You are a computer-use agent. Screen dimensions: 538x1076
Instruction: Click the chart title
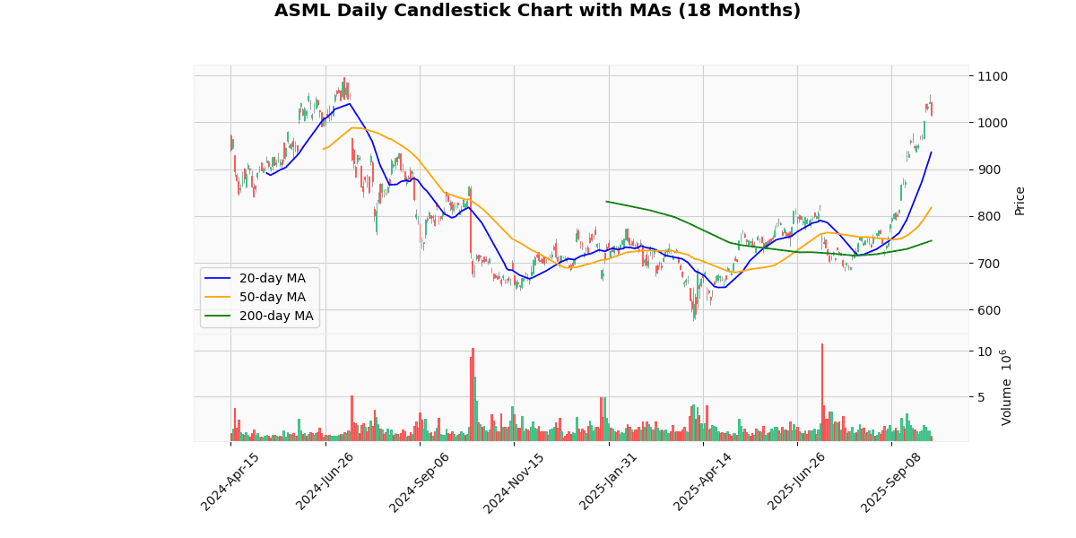[x=537, y=11]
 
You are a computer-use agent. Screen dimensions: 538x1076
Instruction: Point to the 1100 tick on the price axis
[x=992, y=76]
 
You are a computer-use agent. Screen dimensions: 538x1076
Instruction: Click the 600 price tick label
[x=988, y=310]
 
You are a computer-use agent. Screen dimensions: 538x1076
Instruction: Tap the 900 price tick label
[x=988, y=169]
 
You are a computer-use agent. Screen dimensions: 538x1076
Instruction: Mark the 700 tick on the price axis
[x=988, y=264]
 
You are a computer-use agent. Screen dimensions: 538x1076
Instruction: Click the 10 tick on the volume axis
[x=984, y=351]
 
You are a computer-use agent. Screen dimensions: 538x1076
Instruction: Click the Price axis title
[x=1020, y=200]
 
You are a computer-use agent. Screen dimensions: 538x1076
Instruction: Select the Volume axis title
[x=1006, y=387]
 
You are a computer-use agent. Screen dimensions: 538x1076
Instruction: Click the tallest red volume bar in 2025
[x=821, y=393]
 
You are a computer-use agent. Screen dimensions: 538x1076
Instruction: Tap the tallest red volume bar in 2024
[x=473, y=395]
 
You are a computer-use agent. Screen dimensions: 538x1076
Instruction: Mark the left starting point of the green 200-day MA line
[x=606, y=201]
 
